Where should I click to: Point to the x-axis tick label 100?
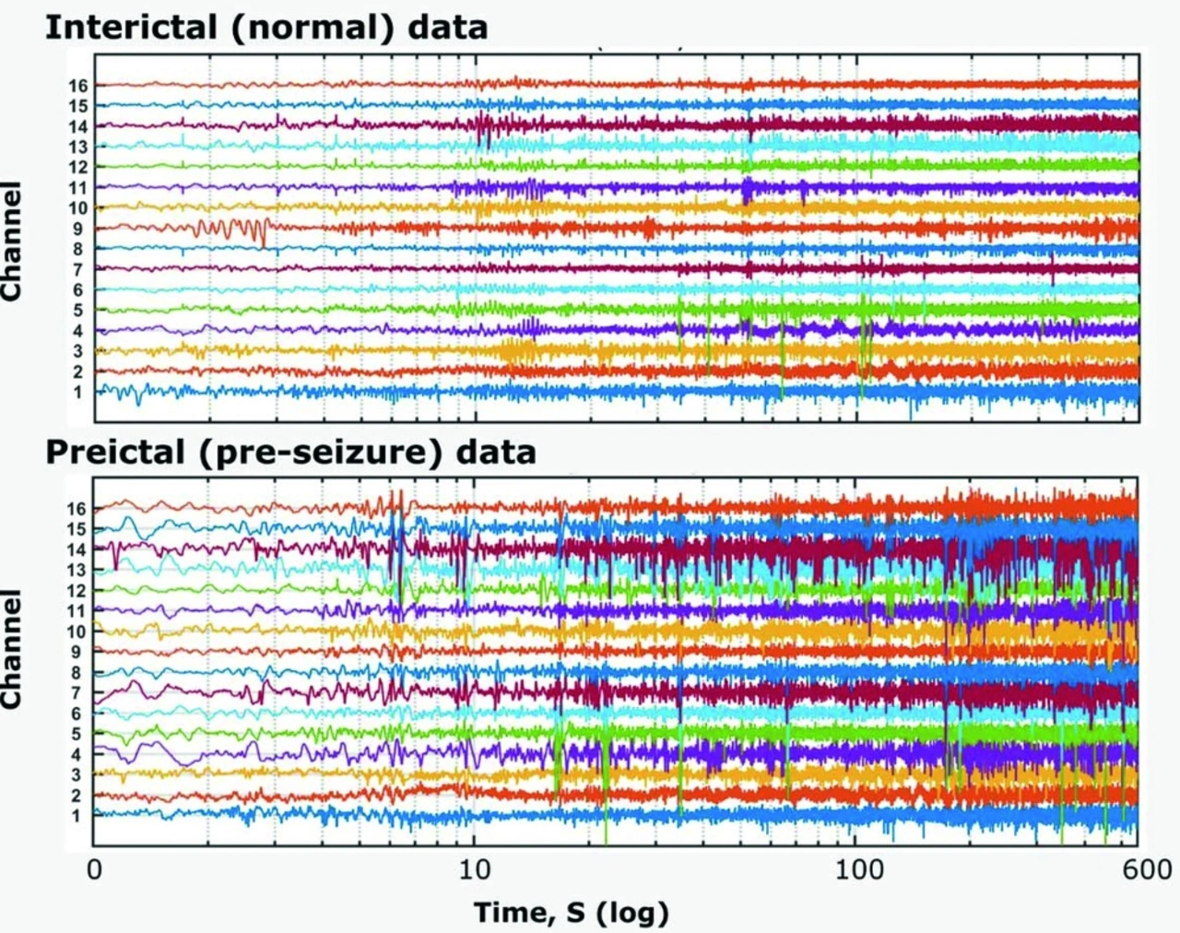[858, 869]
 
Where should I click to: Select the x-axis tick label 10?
[474, 869]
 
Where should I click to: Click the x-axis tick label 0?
[94, 869]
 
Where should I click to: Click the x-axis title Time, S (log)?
[571, 913]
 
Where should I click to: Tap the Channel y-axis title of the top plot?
[12, 242]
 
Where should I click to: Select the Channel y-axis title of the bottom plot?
[12, 650]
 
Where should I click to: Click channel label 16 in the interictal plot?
[77, 86]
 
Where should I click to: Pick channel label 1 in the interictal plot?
[77, 392]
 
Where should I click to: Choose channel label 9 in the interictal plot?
[77, 229]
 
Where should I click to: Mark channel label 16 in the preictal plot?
[76, 509]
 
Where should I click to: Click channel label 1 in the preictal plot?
[77, 816]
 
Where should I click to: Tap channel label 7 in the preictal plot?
[77, 693]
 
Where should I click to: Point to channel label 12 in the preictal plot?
[76, 591]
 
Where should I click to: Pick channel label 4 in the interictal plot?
[77, 331]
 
